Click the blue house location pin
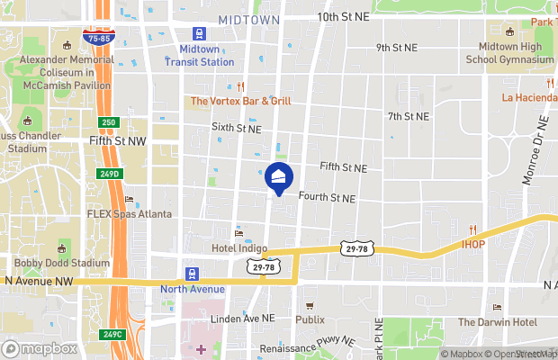pyautogui.click(x=279, y=176)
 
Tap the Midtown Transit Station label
pyautogui.click(x=199, y=55)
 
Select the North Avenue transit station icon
pyautogui.click(x=192, y=274)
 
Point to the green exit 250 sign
pyautogui.click(x=109, y=121)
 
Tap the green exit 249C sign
pyautogui.click(x=112, y=334)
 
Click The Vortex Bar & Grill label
pyautogui.click(x=241, y=101)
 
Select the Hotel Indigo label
pyautogui.click(x=239, y=247)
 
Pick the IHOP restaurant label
pyautogui.click(x=473, y=243)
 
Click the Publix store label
pyautogui.click(x=310, y=319)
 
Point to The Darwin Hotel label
pyautogui.click(x=497, y=322)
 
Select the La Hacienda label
pyautogui.click(x=529, y=97)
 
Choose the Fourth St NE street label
pyautogui.click(x=327, y=198)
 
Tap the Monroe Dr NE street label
pyautogui.click(x=534, y=150)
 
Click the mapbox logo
pyautogui.click(x=40, y=348)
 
